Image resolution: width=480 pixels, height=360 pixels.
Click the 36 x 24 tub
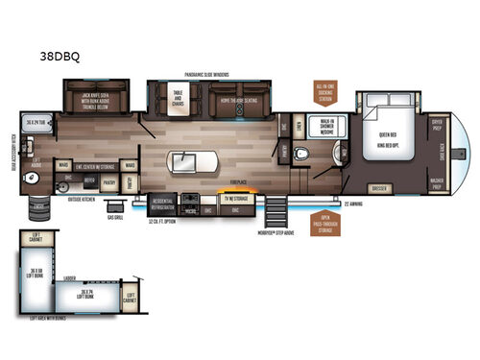click(36, 123)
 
